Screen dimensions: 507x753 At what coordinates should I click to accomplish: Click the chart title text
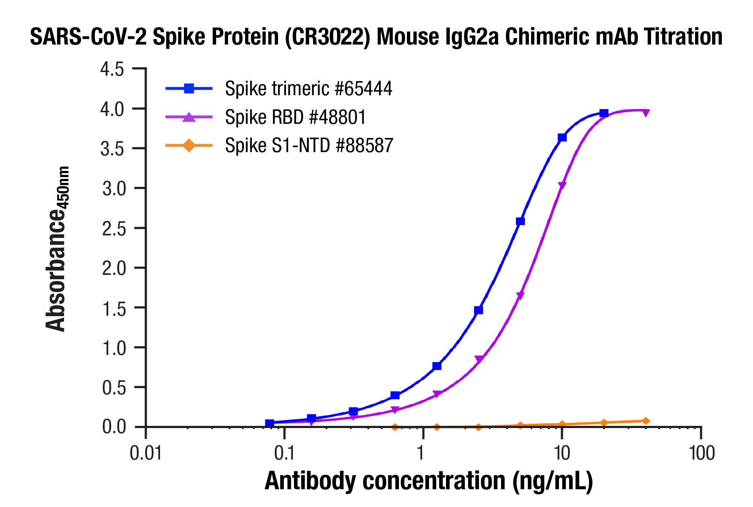[376, 37]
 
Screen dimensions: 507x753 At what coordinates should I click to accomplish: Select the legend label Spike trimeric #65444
[308, 89]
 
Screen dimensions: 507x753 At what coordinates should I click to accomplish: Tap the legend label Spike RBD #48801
[295, 117]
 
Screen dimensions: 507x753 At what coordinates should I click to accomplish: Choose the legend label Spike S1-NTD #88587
[309, 145]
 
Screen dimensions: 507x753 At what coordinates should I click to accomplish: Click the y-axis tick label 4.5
[112, 69]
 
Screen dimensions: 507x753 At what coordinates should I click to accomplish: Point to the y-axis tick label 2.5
[114, 229]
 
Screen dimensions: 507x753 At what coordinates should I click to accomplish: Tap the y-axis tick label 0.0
[114, 427]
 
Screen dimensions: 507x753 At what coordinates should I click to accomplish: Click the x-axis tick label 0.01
[146, 453]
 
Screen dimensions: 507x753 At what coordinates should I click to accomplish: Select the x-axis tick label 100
[702, 453]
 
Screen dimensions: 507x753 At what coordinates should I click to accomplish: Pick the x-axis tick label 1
[420, 453]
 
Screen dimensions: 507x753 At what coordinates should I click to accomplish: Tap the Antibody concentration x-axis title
[429, 481]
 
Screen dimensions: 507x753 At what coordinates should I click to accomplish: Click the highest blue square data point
[603, 113]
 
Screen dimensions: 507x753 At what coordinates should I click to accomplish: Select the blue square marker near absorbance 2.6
[520, 221]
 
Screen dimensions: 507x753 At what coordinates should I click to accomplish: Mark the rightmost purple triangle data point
[645, 113]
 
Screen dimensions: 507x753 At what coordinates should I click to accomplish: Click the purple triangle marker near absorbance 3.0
[562, 186]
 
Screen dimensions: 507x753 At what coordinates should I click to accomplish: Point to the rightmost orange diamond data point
[645, 421]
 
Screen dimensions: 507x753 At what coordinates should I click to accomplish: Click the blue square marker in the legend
[189, 88]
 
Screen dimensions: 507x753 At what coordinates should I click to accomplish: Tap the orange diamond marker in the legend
[189, 146]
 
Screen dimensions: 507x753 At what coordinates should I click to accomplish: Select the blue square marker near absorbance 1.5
[479, 310]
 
